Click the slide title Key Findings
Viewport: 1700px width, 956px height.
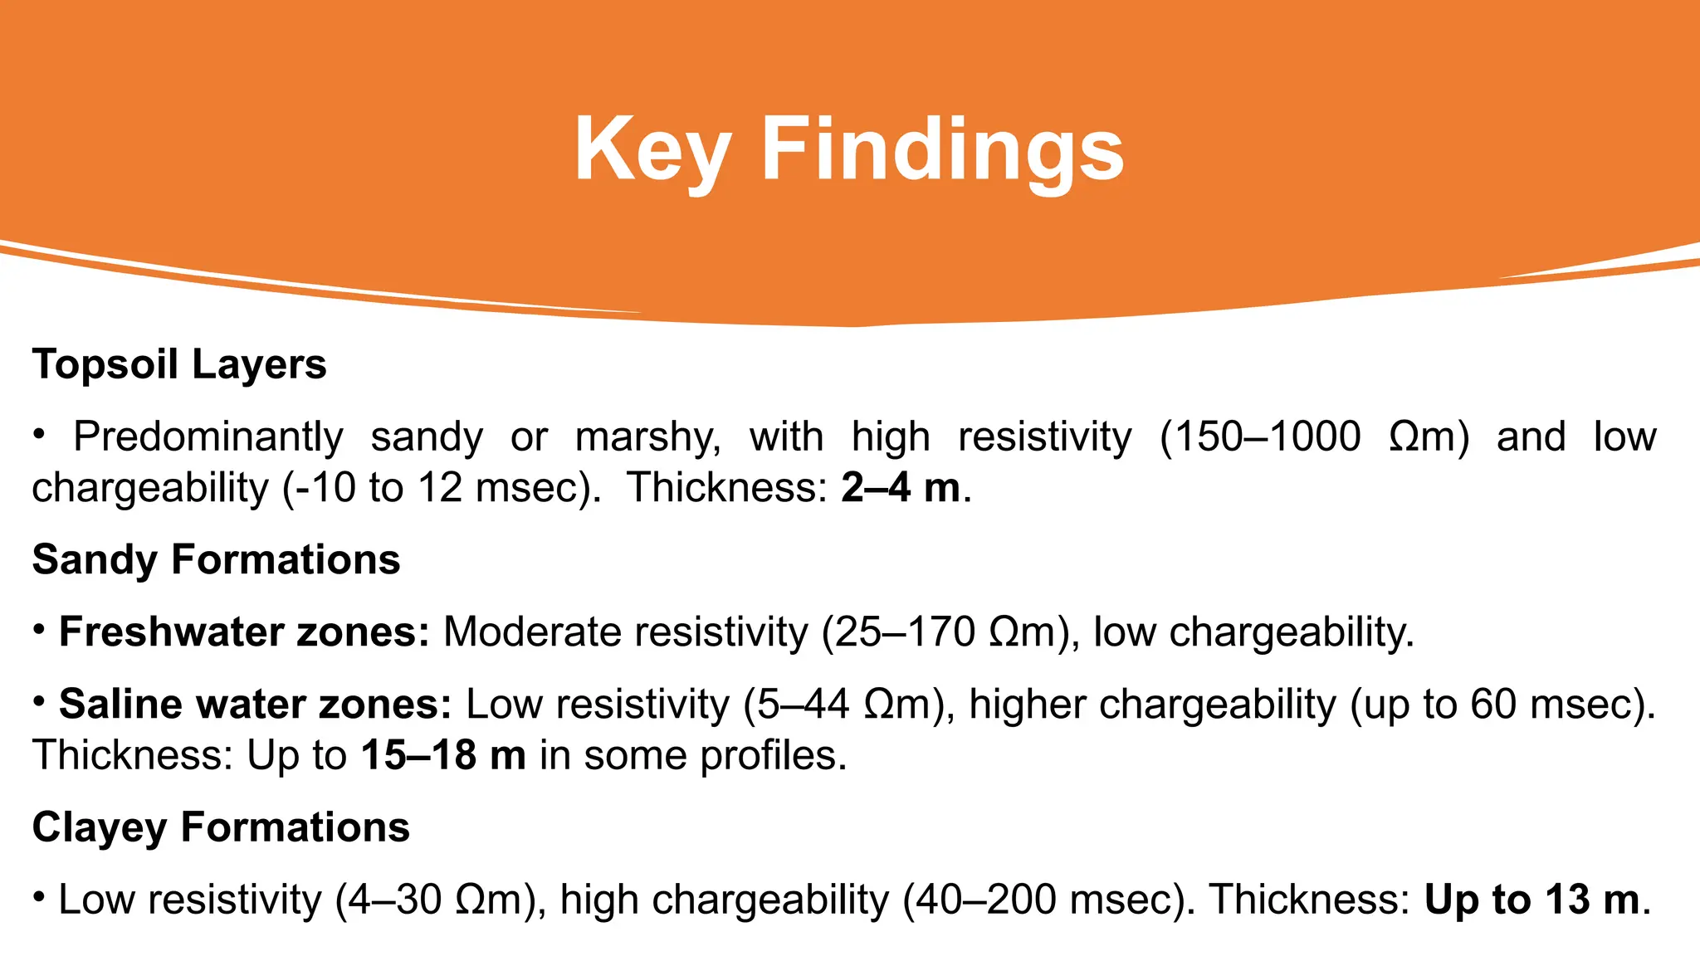848,149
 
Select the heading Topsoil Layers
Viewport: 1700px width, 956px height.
179,364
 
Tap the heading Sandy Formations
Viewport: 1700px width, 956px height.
216,559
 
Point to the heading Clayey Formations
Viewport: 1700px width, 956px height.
221,827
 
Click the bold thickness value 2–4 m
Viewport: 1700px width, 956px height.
901,487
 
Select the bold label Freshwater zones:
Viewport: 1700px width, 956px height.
244,632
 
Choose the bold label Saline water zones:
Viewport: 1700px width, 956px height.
255,704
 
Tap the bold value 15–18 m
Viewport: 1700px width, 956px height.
443,755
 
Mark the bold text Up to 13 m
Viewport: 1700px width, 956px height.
1532,900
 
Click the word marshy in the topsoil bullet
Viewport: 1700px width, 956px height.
648,437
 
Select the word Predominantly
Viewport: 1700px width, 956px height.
208,437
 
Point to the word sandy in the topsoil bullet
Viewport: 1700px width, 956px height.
426,437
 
